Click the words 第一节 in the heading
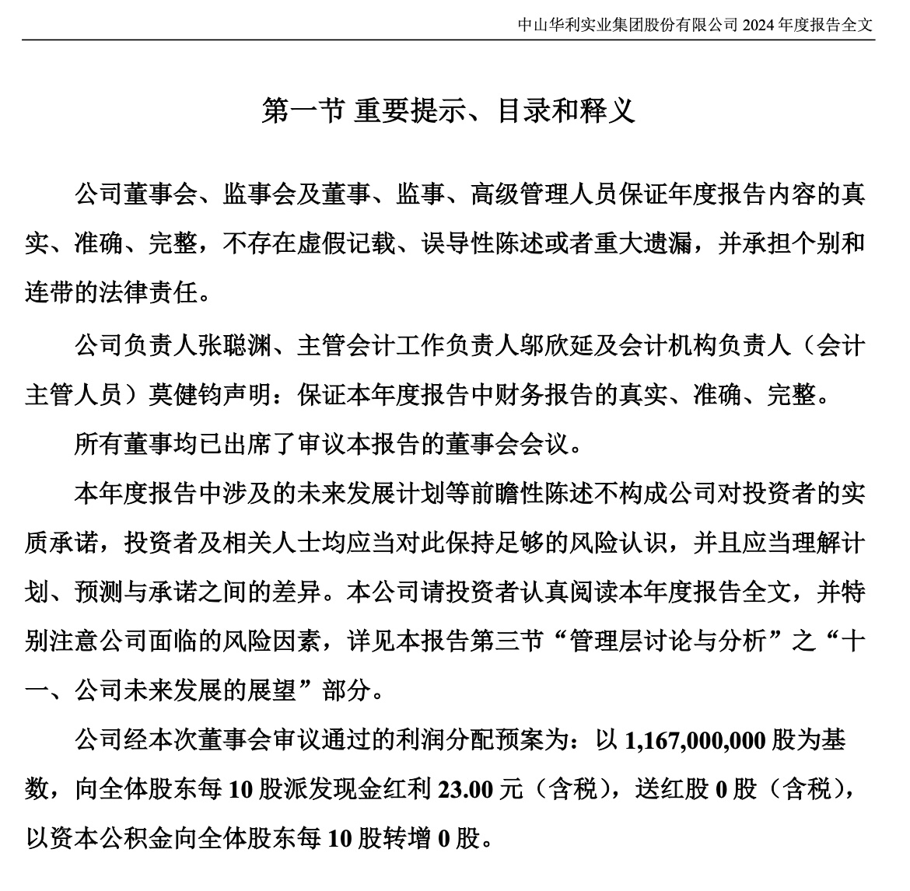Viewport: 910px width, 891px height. click(303, 110)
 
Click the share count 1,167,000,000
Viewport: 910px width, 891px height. click(695, 739)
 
